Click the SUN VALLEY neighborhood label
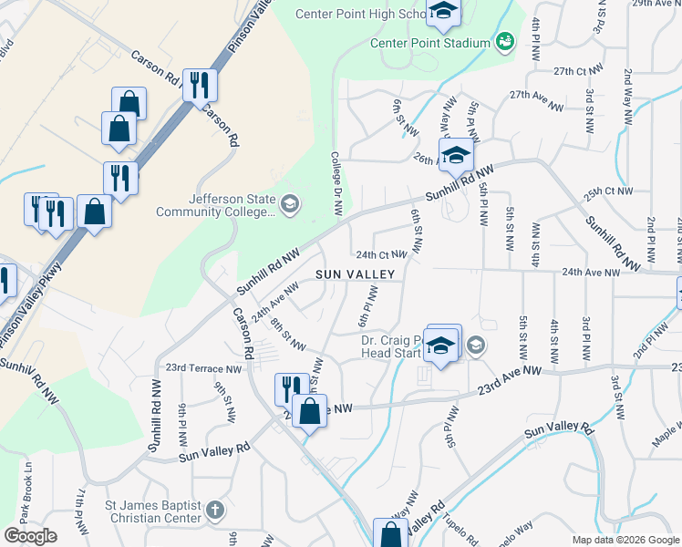(356, 274)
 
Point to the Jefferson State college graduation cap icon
(290, 203)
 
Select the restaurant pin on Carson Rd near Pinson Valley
(199, 86)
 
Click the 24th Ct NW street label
(381, 255)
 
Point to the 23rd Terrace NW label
(203, 369)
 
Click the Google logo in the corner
(30, 536)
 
